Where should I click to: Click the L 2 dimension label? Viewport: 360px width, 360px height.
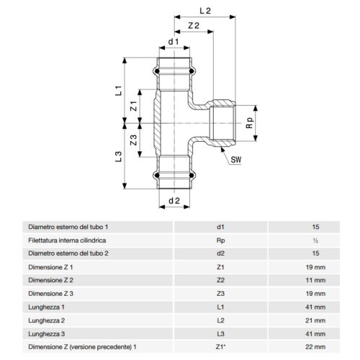pyautogui.click(x=204, y=10)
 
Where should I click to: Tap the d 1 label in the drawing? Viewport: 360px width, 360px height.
pyautogui.click(x=173, y=42)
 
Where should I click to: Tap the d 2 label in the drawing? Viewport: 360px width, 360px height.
pyautogui.click(x=173, y=199)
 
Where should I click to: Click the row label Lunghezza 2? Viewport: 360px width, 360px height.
pyautogui.click(x=45, y=320)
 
